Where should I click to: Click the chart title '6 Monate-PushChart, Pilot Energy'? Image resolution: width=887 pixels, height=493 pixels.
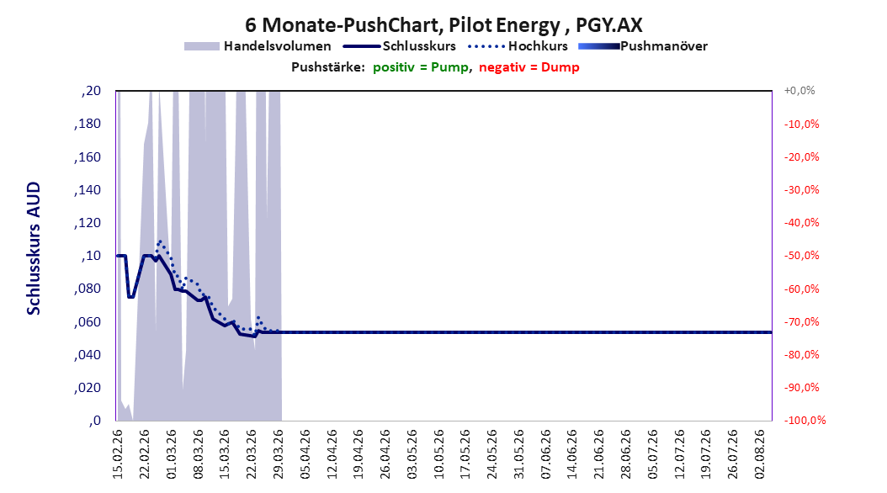point(402,25)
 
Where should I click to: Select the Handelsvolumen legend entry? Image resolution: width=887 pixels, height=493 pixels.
point(258,46)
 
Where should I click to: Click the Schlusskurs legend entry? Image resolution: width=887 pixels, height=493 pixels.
point(400,46)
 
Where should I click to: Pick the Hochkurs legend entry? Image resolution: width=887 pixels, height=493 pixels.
point(518,46)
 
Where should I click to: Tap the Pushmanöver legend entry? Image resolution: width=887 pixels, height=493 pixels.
point(643,46)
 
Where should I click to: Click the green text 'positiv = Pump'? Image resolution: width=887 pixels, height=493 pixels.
point(421,67)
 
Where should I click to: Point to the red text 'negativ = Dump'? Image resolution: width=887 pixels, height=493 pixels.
point(529,67)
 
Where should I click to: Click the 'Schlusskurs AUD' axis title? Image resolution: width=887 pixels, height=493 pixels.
point(34,248)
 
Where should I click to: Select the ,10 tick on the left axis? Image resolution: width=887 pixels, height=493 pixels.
point(91,256)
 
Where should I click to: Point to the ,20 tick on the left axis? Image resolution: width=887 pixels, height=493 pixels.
point(91,91)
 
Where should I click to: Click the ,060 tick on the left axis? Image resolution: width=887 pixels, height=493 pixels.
point(88,322)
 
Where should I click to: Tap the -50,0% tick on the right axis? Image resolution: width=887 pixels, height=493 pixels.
point(801,256)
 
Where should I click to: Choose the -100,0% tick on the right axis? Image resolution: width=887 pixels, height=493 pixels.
point(805,420)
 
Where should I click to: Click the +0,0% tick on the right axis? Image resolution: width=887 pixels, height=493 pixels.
point(799,91)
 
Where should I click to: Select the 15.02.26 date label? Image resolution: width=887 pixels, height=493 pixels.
point(118,454)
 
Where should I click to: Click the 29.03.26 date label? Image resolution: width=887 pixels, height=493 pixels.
point(279,454)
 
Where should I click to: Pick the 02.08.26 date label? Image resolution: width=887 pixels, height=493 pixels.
point(760,454)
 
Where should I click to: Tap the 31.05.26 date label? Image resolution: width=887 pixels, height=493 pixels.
point(518,454)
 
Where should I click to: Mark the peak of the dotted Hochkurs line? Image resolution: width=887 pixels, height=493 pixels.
point(160,241)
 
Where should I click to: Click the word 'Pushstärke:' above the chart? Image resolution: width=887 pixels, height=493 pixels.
point(328,67)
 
